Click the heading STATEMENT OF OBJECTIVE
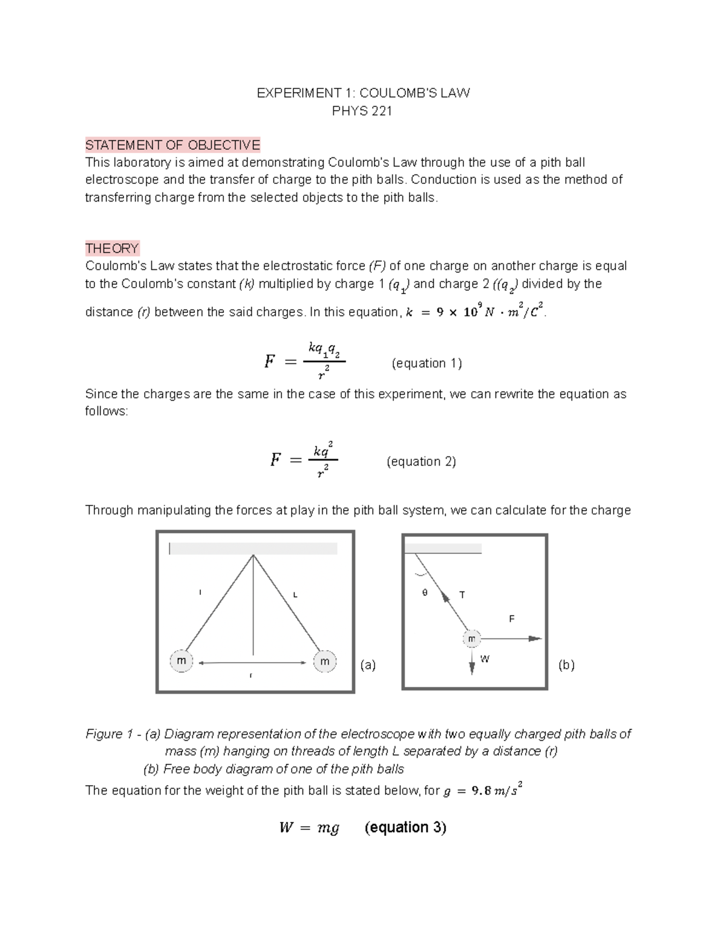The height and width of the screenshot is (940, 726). coord(172,145)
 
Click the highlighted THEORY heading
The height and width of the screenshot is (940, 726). coord(112,248)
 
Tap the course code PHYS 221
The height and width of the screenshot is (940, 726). coord(362,111)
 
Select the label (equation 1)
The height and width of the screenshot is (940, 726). coord(427,363)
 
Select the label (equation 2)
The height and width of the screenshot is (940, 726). coord(421,461)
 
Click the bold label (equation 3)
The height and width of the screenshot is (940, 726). coord(405,827)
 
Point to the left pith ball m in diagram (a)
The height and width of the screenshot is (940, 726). coord(181,661)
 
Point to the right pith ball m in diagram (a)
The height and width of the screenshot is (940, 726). coord(325,661)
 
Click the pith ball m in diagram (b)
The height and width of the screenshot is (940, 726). coord(471,639)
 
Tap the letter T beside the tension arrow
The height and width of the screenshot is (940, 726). coord(462,595)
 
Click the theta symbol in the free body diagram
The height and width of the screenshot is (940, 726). coord(425,593)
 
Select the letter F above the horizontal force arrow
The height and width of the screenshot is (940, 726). coord(512,619)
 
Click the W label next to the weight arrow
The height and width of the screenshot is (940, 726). coord(485,659)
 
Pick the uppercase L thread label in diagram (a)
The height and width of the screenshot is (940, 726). coord(295,594)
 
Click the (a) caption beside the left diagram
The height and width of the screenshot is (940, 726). coord(368,665)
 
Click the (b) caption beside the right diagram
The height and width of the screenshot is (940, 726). coord(566,665)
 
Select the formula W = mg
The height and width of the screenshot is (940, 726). coord(309,827)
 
